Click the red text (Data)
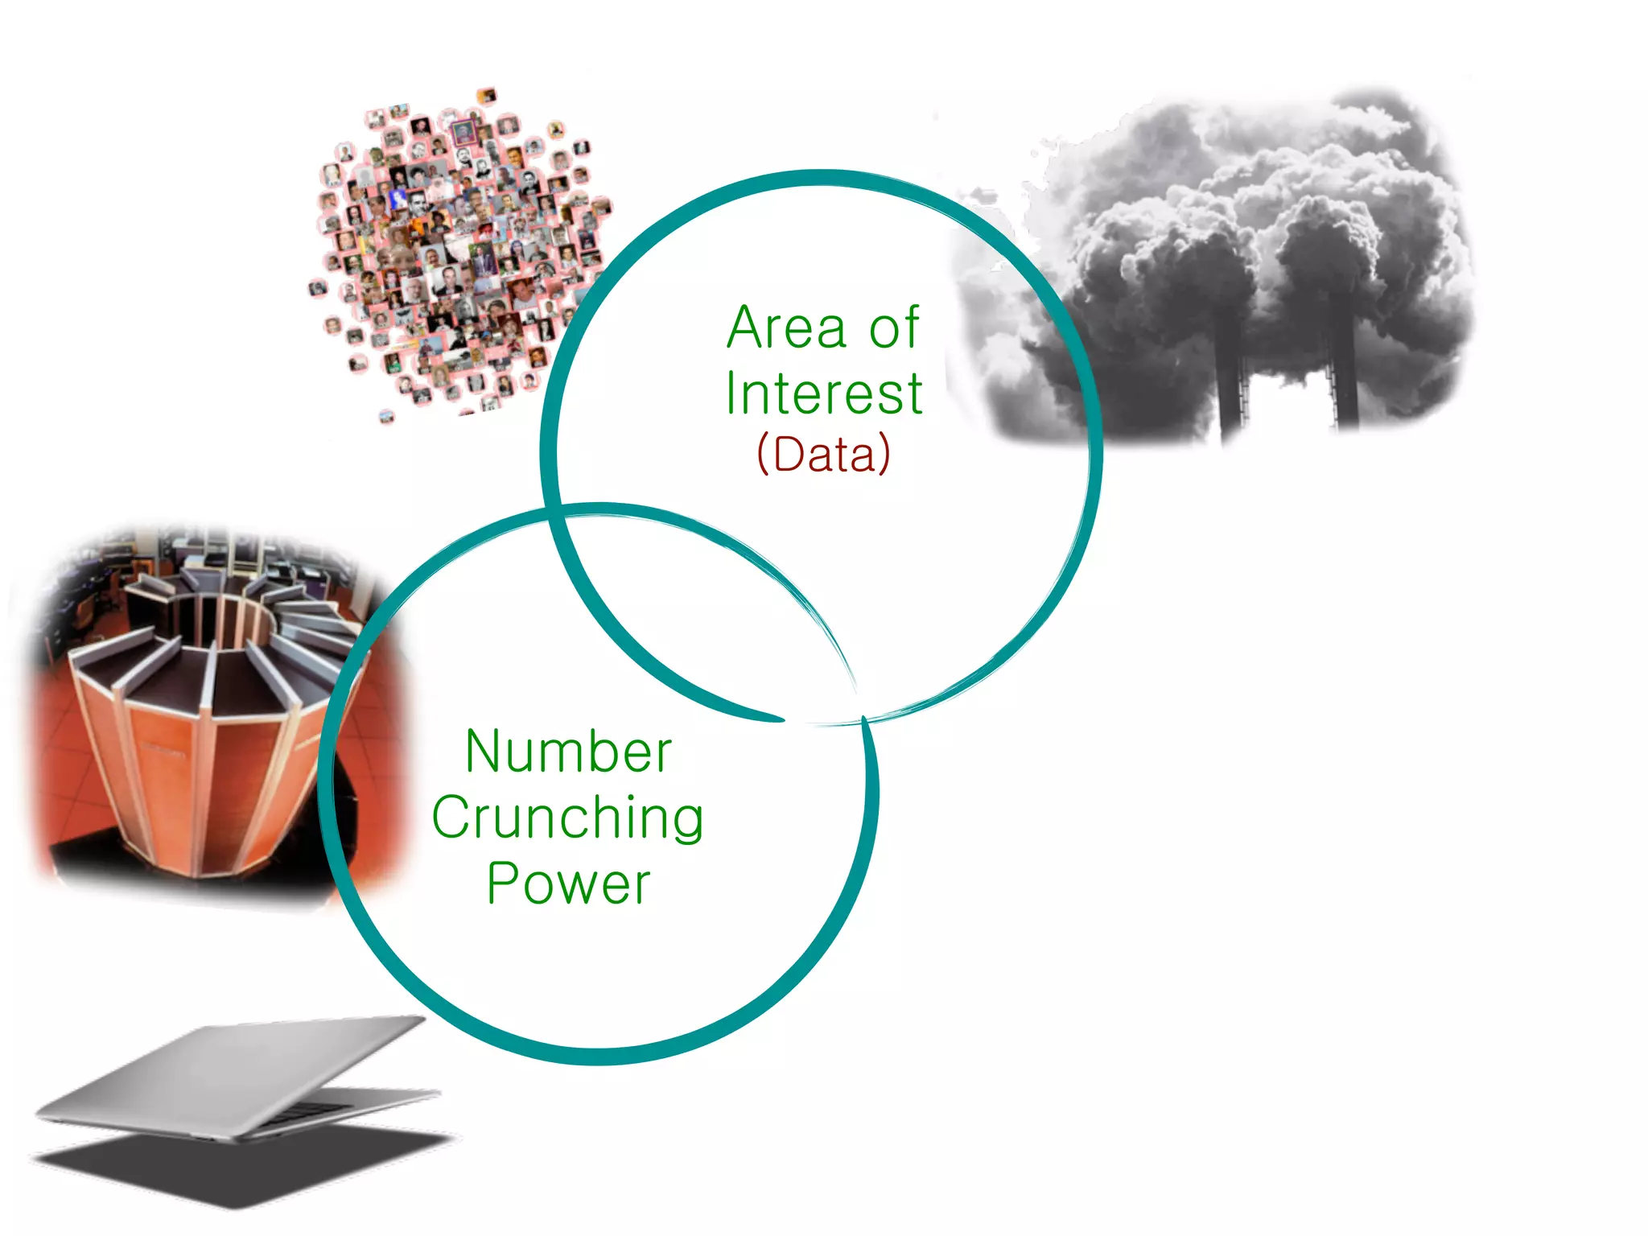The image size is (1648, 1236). point(823,455)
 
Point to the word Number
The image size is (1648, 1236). point(568,752)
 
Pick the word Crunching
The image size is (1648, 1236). point(568,818)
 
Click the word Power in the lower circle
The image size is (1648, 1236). point(568,884)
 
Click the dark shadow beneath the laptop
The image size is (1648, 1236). point(241,1167)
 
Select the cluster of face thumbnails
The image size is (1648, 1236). point(459,249)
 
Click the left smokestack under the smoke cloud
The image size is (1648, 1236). point(1231,378)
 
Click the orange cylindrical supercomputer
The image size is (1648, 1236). point(201,724)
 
